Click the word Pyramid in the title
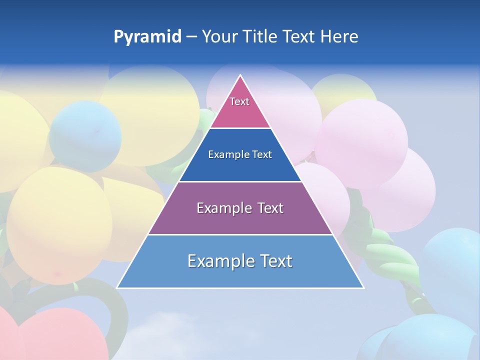pyautogui.click(x=147, y=37)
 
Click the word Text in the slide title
pyautogui.click(x=299, y=36)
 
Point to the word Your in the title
pyautogui.click(x=220, y=36)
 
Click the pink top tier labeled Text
pyautogui.click(x=239, y=107)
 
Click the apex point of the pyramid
pyautogui.click(x=240, y=75)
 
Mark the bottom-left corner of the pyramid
pyautogui.click(x=117, y=288)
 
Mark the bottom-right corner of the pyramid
pyautogui.click(x=363, y=288)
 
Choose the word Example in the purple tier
pyautogui.click(x=222, y=208)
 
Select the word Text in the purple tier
pyautogui.click(x=270, y=208)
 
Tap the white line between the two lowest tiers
pyautogui.click(x=240, y=234)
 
